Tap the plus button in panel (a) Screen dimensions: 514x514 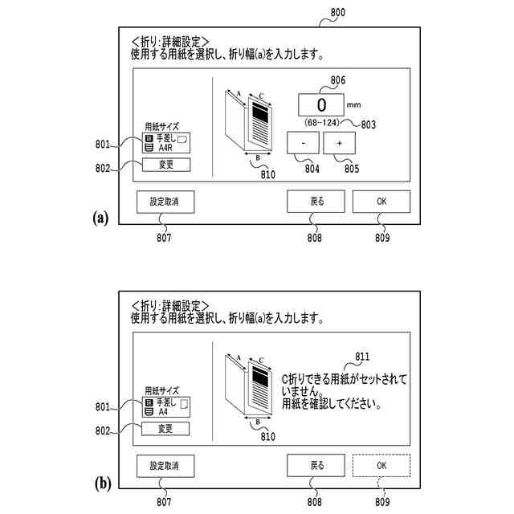tap(339, 142)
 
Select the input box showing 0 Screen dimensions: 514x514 tap(321, 105)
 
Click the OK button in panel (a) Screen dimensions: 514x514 tap(381, 201)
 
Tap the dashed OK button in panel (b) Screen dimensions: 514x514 tap(381, 465)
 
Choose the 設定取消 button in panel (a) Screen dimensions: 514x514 tap(165, 201)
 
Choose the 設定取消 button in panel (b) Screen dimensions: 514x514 tap(165, 465)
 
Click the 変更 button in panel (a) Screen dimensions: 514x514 tap(166, 165)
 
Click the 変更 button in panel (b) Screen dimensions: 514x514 tap(166, 429)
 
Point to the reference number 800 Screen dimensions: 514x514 tap(338, 12)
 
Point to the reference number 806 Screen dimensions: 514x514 tap(338, 80)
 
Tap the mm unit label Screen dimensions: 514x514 tap(353, 104)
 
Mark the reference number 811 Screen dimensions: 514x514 tap(362, 356)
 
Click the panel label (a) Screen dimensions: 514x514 tap(100, 217)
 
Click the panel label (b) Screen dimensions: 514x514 tap(101, 483)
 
